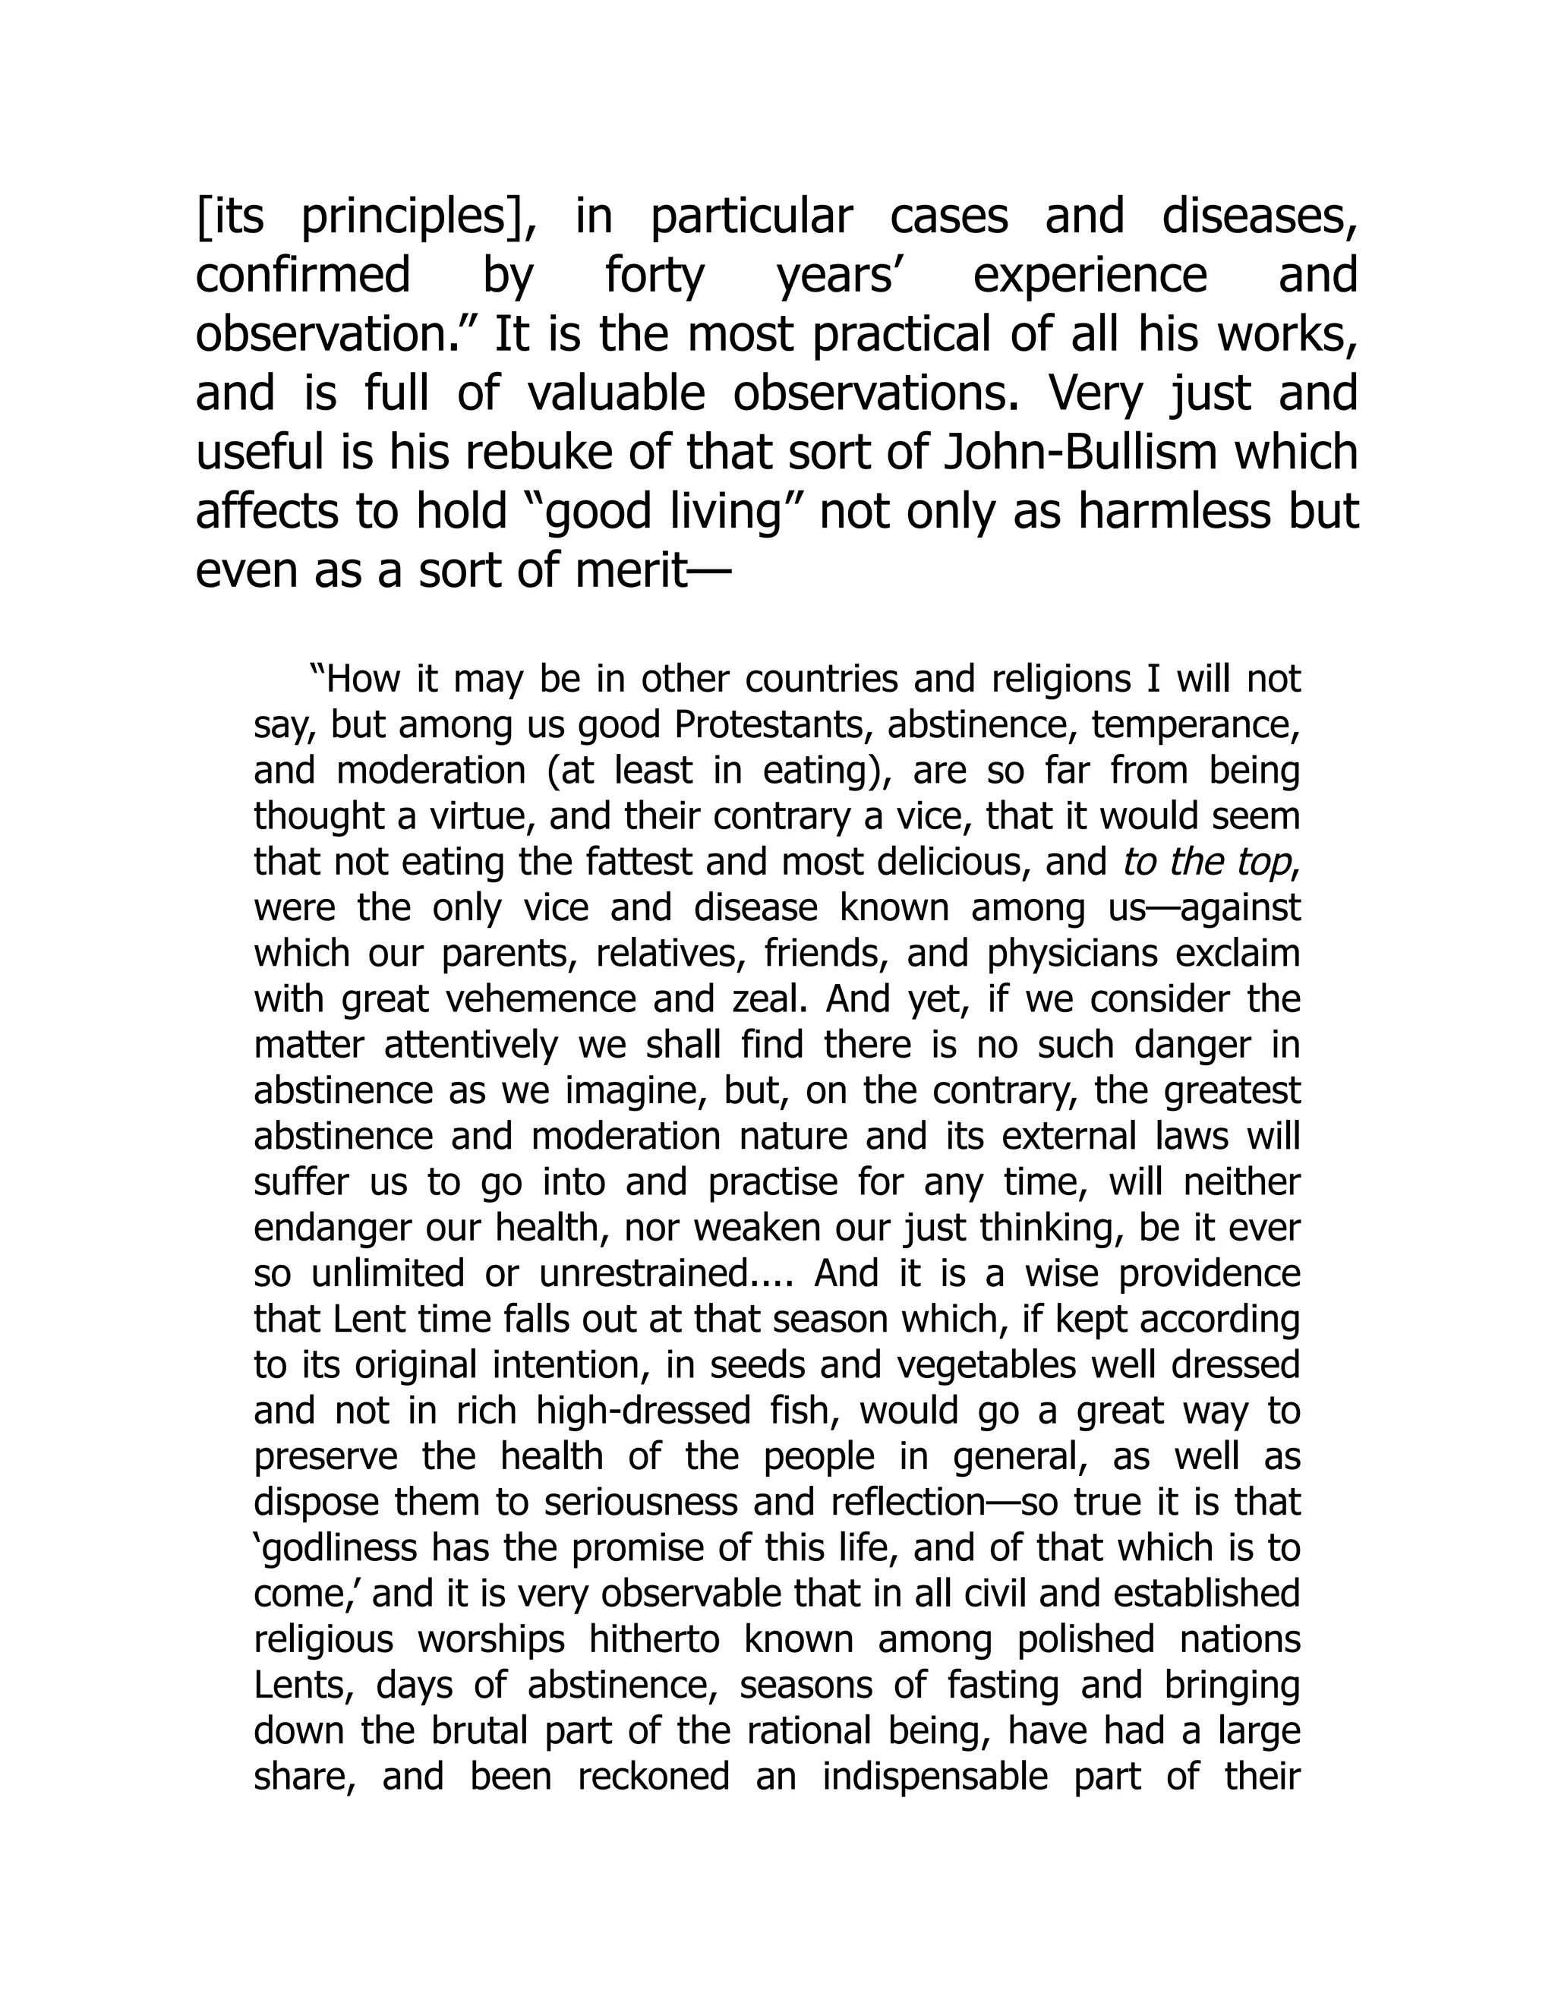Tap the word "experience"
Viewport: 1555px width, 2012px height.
coord(1090,276)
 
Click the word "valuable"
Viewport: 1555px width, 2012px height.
coord(617,394)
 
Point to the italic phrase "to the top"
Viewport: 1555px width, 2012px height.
coord(1208,863)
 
